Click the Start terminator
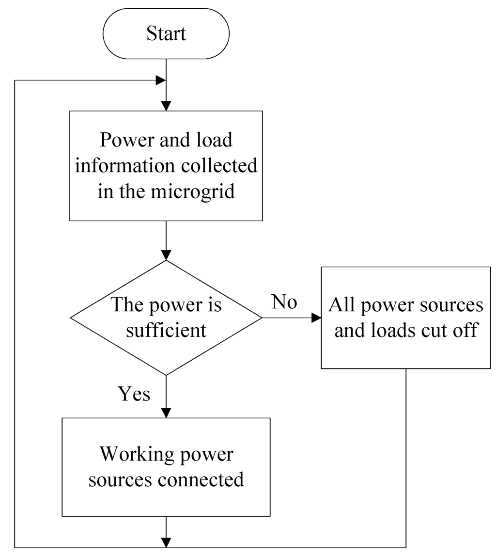166,34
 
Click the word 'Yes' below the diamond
134,394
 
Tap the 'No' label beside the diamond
284,302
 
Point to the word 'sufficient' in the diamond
166,331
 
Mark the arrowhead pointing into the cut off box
316,318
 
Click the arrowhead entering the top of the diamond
166,255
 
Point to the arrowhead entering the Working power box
166,413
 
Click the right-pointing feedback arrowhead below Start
160,80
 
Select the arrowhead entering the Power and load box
166,106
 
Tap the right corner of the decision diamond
262,318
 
